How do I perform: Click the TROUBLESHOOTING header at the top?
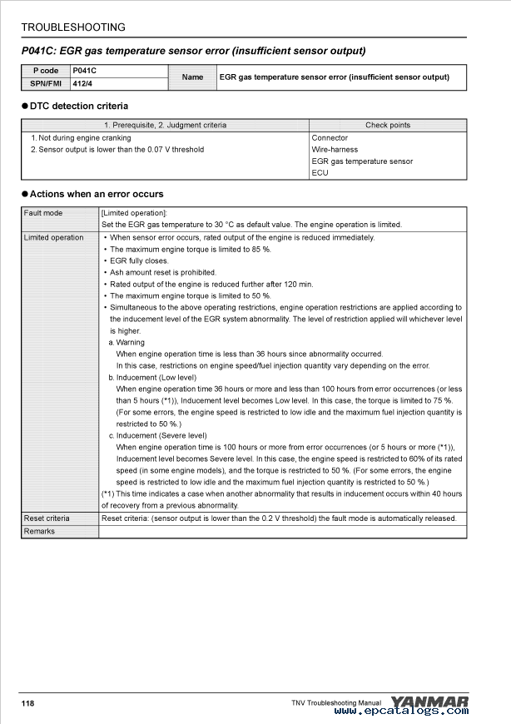click(73, 27)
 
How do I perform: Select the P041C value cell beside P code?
click(84, 71)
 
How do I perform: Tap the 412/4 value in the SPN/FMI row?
click(82, 83)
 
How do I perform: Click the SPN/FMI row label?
click(46, 83)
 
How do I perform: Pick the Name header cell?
click(192, 77)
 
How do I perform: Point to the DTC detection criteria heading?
click(79, 107)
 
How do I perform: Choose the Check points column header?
click(388, 126)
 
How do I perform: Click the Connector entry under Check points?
click(330, 138)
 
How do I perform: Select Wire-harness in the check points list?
click(335, 150)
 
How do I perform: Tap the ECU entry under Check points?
click(320, 173)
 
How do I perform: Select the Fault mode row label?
click(43, 213)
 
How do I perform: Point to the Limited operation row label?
click(54, 238)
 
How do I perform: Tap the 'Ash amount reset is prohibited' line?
click(162, 273)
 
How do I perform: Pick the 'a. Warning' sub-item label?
click(127, 343)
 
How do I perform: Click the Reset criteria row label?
click(47, 518)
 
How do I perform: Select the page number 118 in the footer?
click(28, 704)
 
